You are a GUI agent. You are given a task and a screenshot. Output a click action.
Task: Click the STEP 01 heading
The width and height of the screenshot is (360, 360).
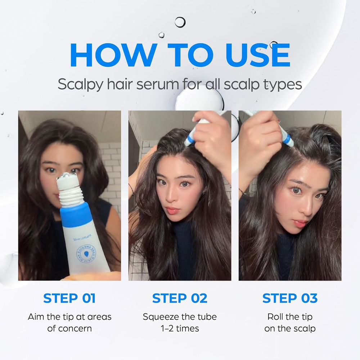point(69,298)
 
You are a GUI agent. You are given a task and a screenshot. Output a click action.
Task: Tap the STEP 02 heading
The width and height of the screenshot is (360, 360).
point(180,298)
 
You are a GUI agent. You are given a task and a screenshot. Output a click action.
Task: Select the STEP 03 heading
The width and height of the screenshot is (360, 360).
point(290,298)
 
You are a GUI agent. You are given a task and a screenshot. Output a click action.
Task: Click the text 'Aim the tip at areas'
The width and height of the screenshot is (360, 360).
point(69,317)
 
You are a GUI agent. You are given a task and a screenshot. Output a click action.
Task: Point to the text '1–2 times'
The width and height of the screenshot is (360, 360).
point(180,328)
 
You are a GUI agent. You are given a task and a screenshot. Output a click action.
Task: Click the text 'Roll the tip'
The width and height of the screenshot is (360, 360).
point(290,317)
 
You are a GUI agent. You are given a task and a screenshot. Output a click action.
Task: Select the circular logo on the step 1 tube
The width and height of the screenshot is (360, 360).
point(86,253)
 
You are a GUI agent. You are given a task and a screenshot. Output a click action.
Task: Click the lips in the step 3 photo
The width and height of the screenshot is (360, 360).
point(300,222)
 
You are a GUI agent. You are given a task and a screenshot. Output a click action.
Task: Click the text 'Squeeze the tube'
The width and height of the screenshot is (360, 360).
point(180,317)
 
